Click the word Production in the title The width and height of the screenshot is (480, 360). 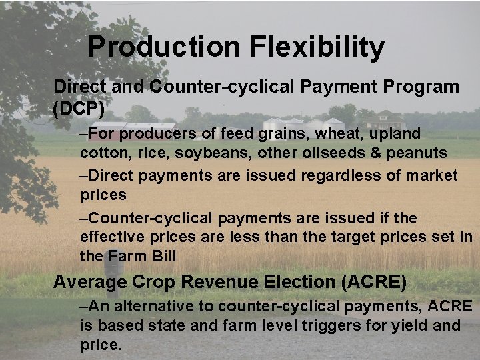[x=164, y=47]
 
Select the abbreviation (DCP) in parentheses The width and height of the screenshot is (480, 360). [x=79, y=107]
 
